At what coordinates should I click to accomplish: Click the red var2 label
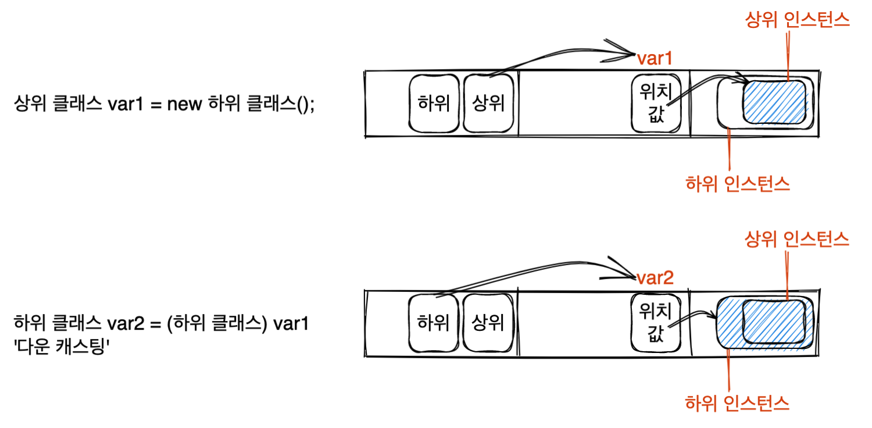click(x=655, y=279)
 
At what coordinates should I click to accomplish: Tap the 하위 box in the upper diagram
click(x=433, y=104)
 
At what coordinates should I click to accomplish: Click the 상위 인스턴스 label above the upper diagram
click(x=797, y=21)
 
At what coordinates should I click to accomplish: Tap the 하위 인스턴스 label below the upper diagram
click(x=738, y=184)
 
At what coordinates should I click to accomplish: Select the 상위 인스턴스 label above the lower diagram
click(x=797, y=239)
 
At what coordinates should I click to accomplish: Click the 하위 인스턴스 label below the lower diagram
click(x=738, y=402)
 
